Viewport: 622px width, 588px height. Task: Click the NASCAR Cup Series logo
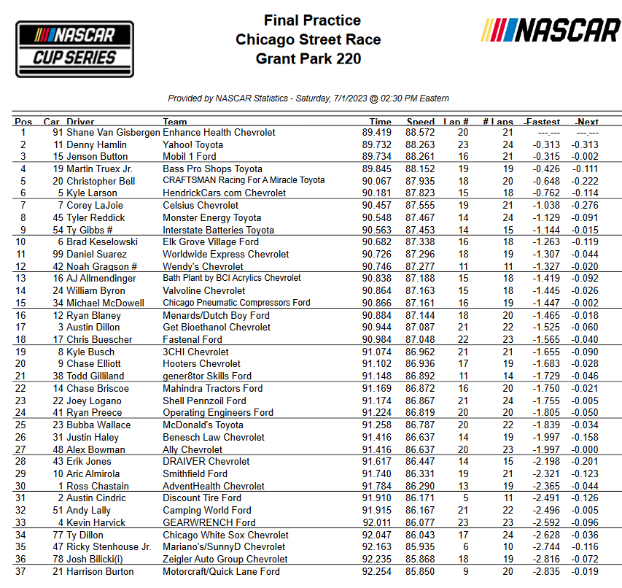click(x=75, y=48)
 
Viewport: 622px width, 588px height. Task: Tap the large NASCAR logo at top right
click(x=551, y=31)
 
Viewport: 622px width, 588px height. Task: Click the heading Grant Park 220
click(x=308, y=58)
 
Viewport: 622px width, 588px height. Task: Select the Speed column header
click(x=421, y=122)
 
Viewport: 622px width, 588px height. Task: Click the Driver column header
click(x=80, y=122)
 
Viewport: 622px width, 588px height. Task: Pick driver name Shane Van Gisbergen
click(x=112, y=133)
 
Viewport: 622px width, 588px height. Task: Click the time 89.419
click(x=377, y=133)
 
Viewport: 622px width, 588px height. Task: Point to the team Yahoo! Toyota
click(x=193, y=145)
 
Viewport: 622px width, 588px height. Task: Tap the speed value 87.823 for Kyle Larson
click(x=420, y=193)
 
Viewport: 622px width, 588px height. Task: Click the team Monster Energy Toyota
click(x=211, y=217)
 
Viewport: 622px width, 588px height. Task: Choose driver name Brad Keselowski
click(x=102, y=242)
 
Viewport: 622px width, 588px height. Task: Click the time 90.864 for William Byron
click(x=377, y=290)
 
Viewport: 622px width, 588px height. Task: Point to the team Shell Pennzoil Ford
click(x=204, y=401)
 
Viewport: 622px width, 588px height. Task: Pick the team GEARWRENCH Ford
click(x=209, y=522)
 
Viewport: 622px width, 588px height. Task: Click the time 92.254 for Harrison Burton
click(x=377, y=571)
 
